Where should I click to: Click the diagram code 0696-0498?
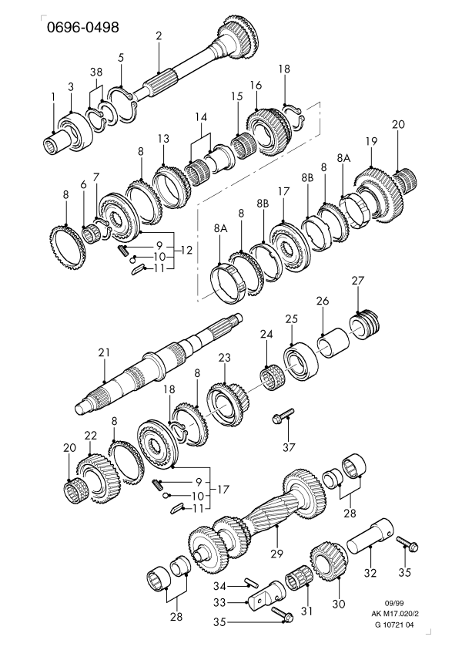point(82,28)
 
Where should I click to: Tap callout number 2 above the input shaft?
point(158,35)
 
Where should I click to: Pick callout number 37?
point(289,447)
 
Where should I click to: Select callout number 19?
point(371,141)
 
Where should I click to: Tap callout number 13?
point(162,138)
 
